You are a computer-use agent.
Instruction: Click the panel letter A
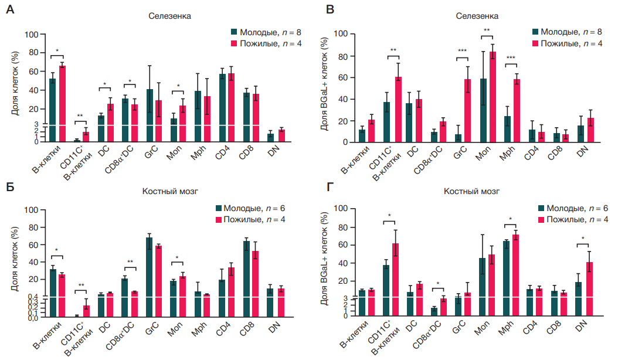tap(10, 9)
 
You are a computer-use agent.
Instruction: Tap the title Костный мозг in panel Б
tap(165, 191)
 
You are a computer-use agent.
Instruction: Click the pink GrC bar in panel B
tap(467, 111)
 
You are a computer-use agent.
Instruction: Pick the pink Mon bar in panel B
tap(493, 97)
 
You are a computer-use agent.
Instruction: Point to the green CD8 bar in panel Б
tap(246, 279)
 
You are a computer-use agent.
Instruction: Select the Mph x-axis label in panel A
tap(199, 154)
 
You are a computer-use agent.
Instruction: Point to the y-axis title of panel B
tap(326, 88)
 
